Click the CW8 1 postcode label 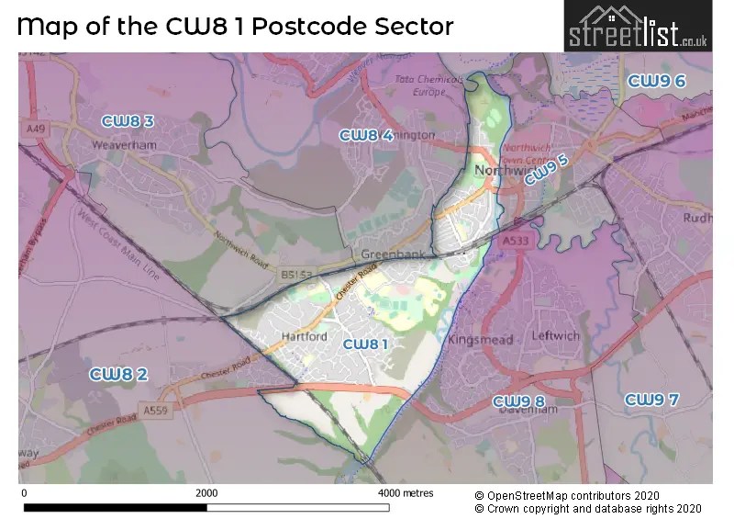click(x=365, y=344)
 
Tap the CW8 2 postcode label click(x=118, y=374)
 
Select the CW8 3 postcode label click(x=128, y=120)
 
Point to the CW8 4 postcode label click(x=366, y=135)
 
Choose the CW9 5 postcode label click(x=547, y=170)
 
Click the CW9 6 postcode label click(x=656, y=82)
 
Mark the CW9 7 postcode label click(x=651, y=400)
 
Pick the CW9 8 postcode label click(x=518, y=401)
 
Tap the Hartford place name click(x=305, y=337)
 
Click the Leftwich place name click(x=556, y=336)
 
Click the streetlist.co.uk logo click(x=638, y=27)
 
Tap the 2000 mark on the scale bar click(x=206, y=493)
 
